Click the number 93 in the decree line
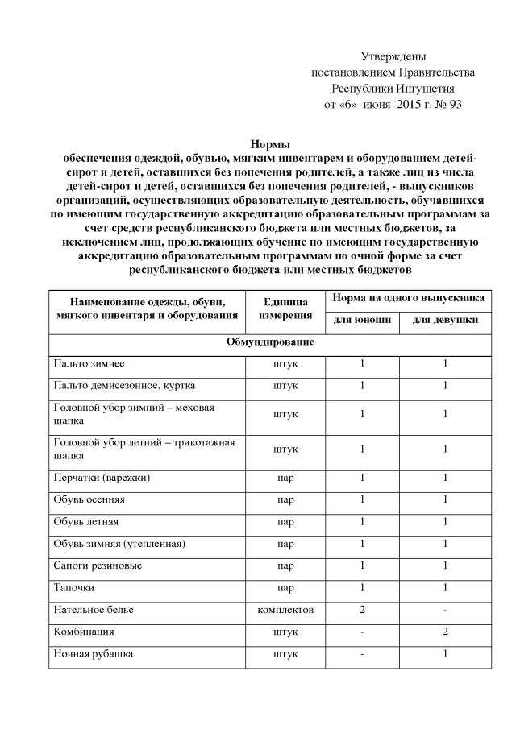tap(453, 105)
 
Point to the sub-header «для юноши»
tap(363, 320)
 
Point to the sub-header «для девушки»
tap(445, 320)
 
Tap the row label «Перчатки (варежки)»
tap(102, 478)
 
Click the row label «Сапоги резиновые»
tap(98, 565)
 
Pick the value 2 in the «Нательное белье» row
tap(363, 610)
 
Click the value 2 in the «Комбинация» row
tap(445, 632)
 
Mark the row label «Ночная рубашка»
tap(94, 654)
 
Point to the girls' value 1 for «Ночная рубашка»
tap(445, 654)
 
